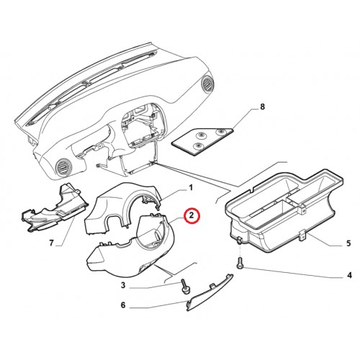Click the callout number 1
click(x=191, y=187)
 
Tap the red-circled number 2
click(x=192, y=215)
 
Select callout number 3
click(x=123, y=286)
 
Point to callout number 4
click(x=349, y=275)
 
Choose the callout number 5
click(x=348, y=243)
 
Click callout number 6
click(x=123, y=305)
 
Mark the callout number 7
click(x=51, y=243)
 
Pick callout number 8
click(x=263, y=107)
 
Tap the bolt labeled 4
click(x=240, y=263)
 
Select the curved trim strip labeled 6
click(x=210, y=292)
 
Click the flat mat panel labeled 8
click(x=202, y=141)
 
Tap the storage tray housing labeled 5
click(x=283, y=211)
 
